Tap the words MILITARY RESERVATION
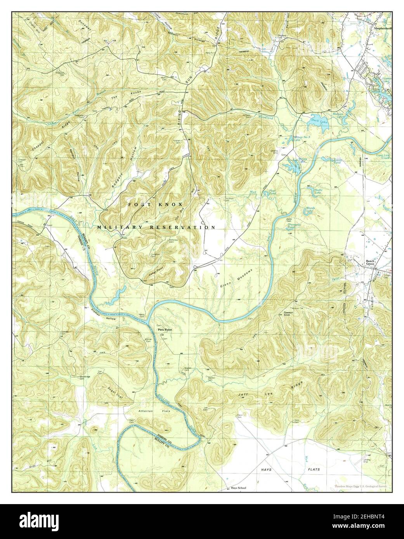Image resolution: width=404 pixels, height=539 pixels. [156, 227]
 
